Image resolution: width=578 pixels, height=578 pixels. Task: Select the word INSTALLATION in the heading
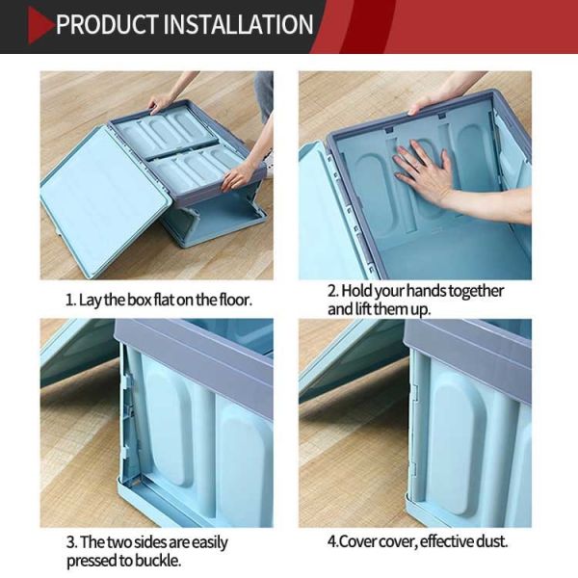(246, 24)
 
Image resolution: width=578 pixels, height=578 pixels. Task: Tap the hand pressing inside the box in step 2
(423, 169)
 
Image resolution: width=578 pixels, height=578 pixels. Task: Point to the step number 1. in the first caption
(69, 300)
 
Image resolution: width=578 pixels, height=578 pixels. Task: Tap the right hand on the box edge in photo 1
(237, 175)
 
